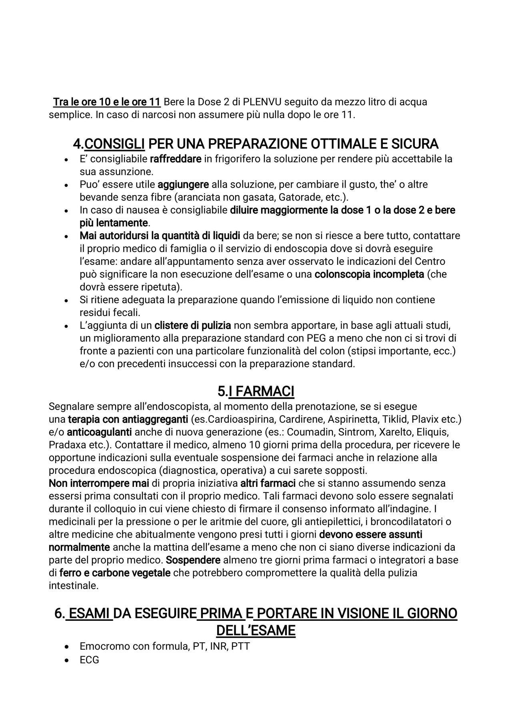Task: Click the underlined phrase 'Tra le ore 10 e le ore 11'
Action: [107, 102]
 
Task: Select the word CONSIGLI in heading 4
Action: [114, 143]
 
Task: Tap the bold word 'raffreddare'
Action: [175, 159]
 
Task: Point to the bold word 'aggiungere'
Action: [183, 185]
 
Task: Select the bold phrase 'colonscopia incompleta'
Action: [369, 274]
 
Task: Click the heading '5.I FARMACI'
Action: [256, 391]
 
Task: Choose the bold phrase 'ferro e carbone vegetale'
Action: [115, 573]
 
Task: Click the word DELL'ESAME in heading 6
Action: [256, 631]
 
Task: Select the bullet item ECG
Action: [89, 660]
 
